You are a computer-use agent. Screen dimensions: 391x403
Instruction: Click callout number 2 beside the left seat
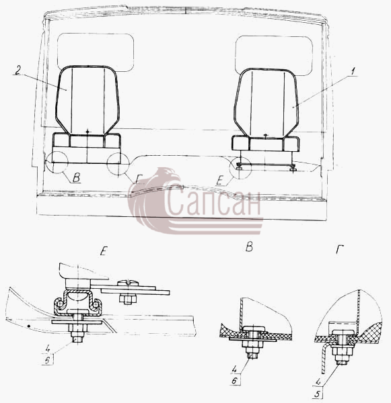point(17,70)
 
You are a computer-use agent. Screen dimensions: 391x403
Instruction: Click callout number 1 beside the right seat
point(354,71)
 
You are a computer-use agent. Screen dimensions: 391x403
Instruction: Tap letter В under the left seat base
point(76,177)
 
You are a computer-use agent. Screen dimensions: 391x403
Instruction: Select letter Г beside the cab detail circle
point(139,179)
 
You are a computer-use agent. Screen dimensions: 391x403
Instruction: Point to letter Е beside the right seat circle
point(219,181)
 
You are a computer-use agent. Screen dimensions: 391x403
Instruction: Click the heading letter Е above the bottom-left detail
point(103,251)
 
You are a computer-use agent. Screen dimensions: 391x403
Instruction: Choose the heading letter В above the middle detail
point(249,247)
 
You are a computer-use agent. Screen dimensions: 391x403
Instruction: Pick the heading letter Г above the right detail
point(340,249)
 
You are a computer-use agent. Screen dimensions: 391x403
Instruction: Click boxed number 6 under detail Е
point(47,360)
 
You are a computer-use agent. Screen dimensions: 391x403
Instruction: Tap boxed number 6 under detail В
point(234,380)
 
